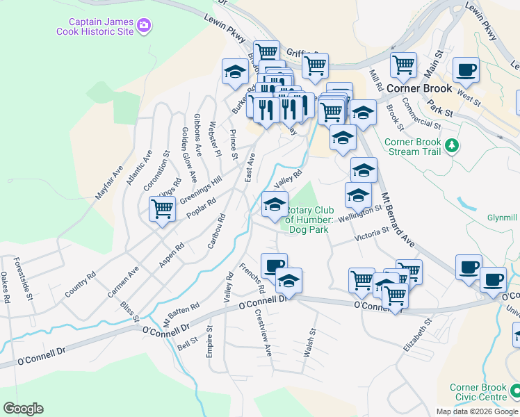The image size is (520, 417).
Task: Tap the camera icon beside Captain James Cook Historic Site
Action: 145,26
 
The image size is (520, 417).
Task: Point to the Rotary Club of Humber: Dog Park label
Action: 310,219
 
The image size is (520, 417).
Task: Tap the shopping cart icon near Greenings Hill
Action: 162,208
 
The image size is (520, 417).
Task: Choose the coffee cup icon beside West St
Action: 466,69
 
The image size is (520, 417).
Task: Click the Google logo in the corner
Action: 23,408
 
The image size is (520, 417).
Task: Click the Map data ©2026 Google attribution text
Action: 476,411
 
